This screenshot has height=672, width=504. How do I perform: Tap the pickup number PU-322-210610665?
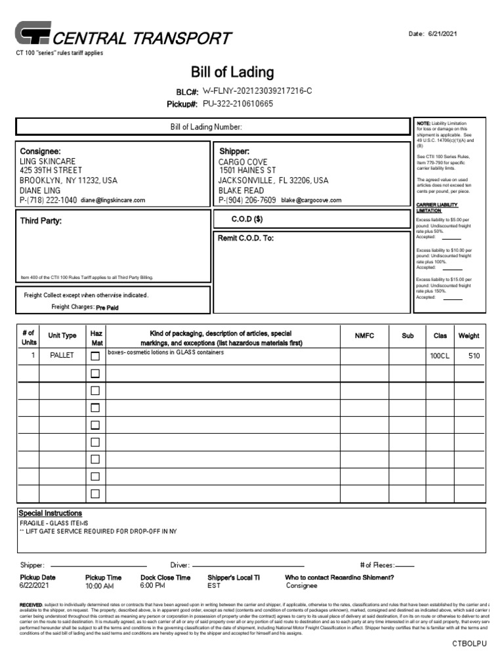238,104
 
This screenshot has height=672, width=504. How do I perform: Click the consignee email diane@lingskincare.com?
113,201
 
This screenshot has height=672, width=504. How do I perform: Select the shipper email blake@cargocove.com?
311,200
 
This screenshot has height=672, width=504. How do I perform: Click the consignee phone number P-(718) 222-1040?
48,200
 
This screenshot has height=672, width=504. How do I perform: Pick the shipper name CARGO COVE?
243,162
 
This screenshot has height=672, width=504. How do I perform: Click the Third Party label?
41,221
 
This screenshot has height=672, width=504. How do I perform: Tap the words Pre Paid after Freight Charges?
108,308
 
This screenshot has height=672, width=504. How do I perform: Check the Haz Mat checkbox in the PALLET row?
95,356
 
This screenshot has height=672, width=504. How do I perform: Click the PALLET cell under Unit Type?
62,356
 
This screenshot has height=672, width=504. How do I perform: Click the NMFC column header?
364,336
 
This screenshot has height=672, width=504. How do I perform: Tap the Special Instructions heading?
51,513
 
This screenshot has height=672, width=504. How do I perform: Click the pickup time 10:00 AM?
100,586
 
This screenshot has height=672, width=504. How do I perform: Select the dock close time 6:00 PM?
153,585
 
